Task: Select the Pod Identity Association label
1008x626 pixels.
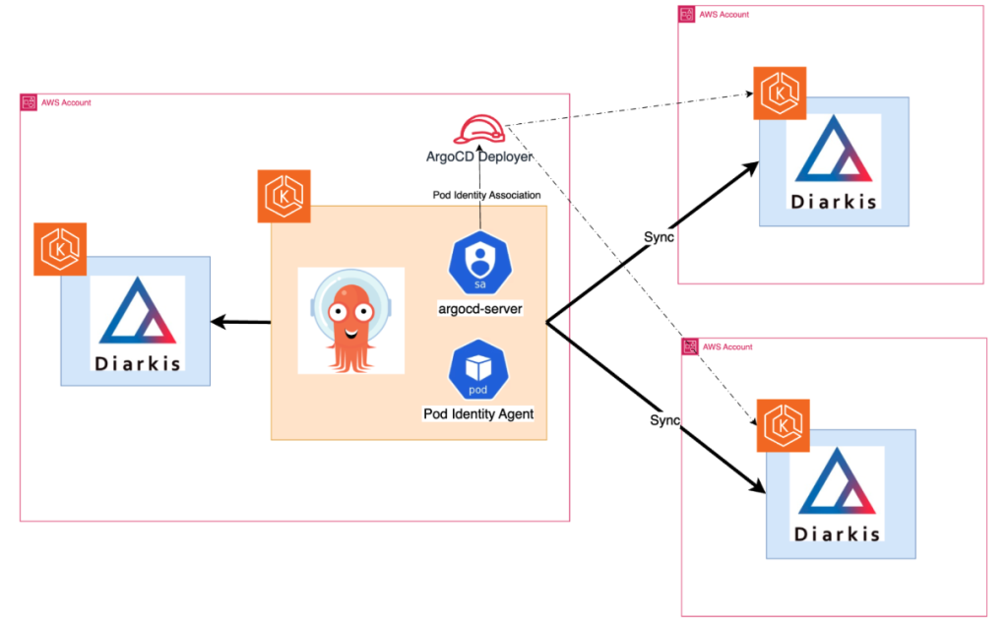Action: coord(479,195)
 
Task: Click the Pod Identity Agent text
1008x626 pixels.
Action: coord(478,414)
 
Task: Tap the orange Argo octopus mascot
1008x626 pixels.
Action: coord(350,322)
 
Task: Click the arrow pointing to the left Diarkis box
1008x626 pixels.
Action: coord(240,322)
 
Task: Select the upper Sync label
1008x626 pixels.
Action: coord(659,239)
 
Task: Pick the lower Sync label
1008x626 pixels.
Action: coord(664,420)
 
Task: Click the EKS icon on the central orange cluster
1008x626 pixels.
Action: coord(283,196)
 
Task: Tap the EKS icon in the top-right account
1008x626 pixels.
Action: coord(780,94)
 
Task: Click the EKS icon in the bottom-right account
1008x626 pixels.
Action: coord(783,426)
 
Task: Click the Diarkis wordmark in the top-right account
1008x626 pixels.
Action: coord(835,203)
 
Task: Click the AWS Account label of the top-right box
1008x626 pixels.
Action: coord(724,15)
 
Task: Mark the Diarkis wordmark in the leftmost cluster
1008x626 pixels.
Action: coord(138,362)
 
